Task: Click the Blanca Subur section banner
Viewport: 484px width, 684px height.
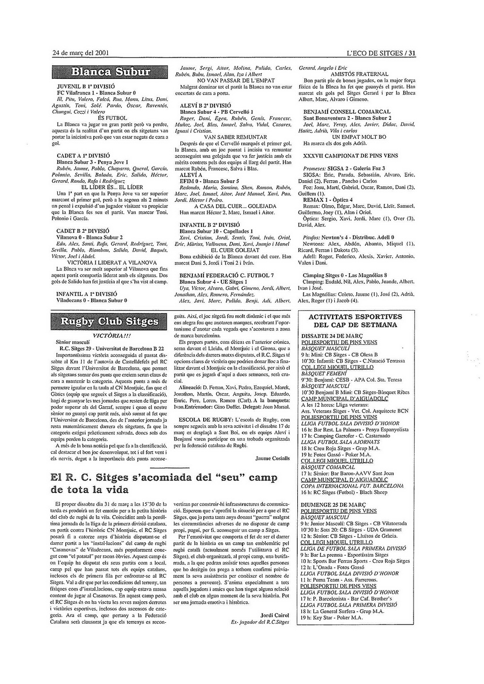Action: (111, 72)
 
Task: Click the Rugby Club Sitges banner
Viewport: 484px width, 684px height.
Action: (111, 321)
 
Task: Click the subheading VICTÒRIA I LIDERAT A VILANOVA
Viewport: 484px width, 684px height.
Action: (112, 262)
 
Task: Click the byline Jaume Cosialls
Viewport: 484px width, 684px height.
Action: (272, 458)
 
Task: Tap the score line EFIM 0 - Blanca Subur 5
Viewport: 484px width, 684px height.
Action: (209, 181)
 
